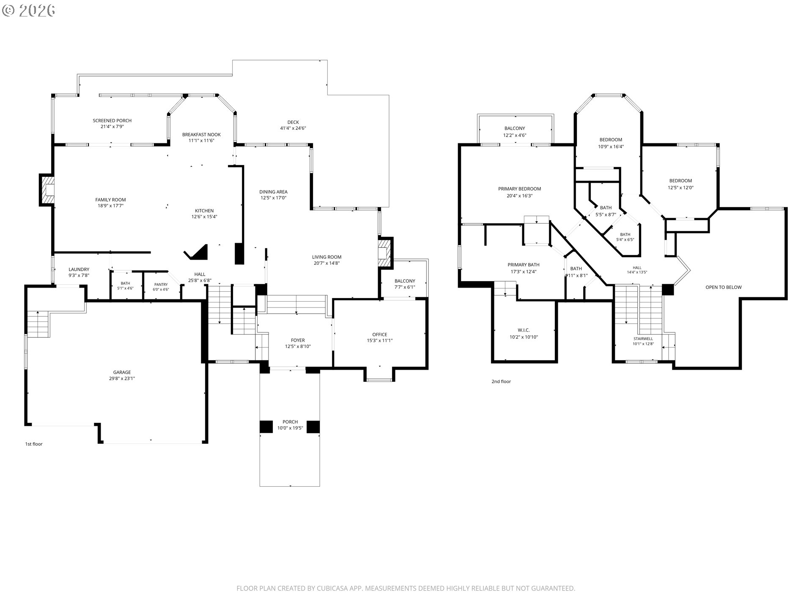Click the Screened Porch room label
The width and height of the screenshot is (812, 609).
[x=112, y=121]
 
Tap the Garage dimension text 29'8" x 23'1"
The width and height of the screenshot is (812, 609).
[x=122, y=379]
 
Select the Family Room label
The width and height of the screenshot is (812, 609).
[x=110, y=200]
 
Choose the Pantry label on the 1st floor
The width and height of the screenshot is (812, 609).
[x=161, y=285]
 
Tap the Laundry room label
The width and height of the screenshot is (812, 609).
[x=79, y=269]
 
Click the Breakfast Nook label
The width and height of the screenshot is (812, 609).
[x=201, y=134]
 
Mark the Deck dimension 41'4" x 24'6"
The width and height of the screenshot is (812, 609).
[x=293, y=128]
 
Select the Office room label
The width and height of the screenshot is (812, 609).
[x=380, y=335]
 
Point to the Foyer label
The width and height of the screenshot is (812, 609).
[x=298, y=340]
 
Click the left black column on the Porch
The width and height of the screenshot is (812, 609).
[x=266, y=427]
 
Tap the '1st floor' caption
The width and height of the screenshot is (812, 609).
[x=34, y=444]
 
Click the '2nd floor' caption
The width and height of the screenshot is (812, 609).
[x=501, y=381]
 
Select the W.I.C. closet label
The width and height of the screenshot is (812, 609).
[x=524, y=330]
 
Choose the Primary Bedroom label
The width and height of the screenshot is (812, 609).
[x=519, y=189]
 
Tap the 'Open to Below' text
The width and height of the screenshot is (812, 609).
[x=724, y=287]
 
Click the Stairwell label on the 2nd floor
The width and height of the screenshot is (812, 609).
[x=643, y=339]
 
